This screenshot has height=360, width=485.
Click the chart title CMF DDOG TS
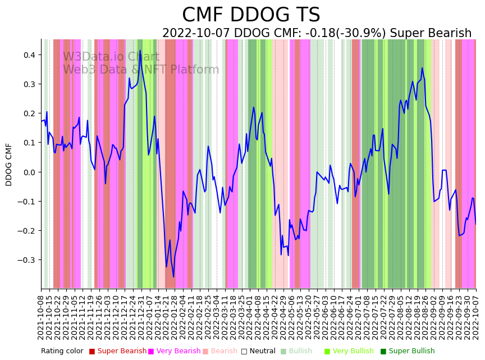[x=251, y=15]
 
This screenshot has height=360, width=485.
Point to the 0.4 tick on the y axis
[x=28, y=55]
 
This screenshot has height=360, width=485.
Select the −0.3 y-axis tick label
[x=26, y=260]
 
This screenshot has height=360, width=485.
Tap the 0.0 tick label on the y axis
[x=28, y=172]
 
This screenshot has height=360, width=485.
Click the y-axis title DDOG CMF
[x=9, y=164]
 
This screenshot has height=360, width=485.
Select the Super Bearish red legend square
[x=92, y=352]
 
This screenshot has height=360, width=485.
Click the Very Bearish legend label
[x=178, y=352]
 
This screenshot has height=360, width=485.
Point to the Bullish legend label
[x=300, y=352]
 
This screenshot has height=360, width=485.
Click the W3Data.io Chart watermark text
[x=111, y=57]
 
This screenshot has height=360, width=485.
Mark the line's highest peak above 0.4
[x=140, y=51]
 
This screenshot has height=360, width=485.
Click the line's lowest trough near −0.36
[x=173, y=277]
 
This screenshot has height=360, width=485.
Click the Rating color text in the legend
[x=62, y=352]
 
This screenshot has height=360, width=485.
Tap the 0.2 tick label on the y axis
[x=28, y=113]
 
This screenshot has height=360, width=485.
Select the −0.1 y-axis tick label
[x=26, y=202]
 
